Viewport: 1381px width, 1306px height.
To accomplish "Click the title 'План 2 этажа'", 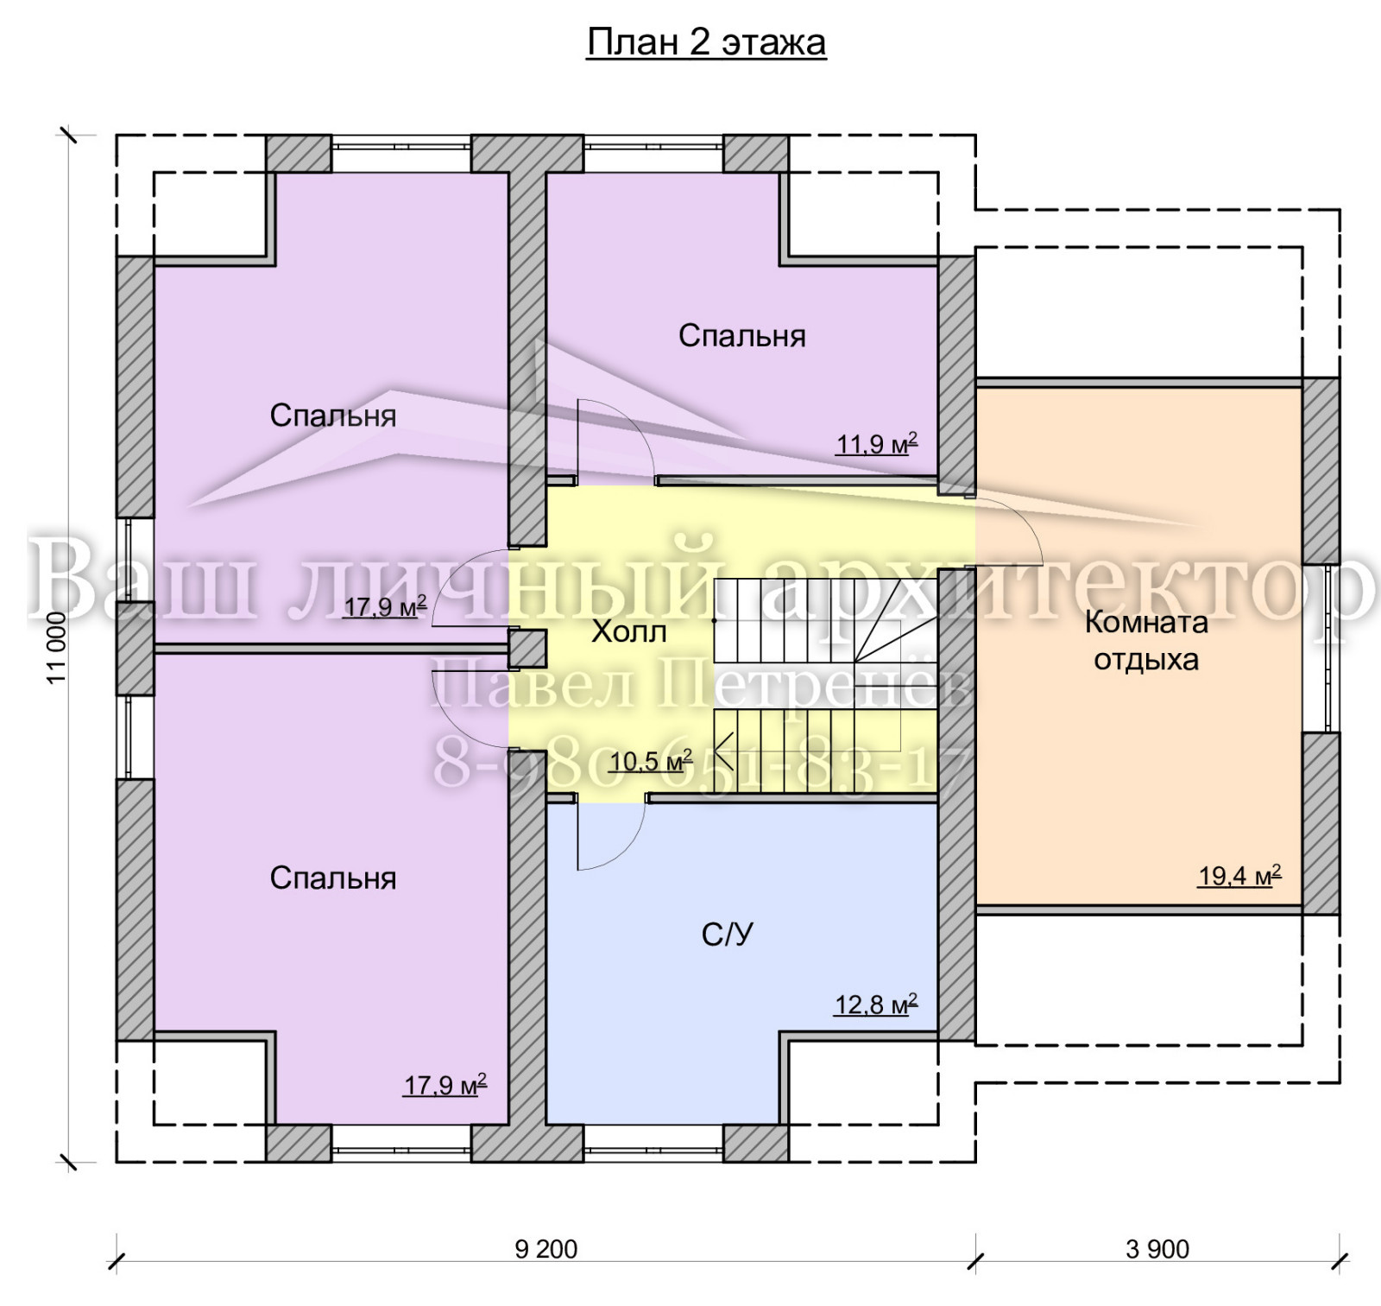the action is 706,41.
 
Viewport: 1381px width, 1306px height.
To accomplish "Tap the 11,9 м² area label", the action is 876,444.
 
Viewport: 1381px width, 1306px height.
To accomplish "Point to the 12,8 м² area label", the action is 875,1005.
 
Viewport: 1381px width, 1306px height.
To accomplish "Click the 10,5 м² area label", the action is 651,761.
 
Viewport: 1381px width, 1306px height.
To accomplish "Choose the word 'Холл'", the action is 629,632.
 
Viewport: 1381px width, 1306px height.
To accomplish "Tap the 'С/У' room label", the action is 728,934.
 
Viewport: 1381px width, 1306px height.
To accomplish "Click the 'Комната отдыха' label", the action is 1146,640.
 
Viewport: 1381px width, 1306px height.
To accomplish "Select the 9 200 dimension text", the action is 545,1249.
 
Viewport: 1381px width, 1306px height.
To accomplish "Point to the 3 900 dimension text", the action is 1157,1249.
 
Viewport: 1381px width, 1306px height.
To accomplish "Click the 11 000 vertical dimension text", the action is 57,648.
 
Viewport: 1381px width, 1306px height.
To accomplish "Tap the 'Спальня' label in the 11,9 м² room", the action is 742,335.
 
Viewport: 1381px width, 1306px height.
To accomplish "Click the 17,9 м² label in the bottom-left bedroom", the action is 445,1084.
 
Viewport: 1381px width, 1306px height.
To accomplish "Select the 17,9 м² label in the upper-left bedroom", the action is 385,606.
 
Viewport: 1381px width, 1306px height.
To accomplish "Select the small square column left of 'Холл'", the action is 527,649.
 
